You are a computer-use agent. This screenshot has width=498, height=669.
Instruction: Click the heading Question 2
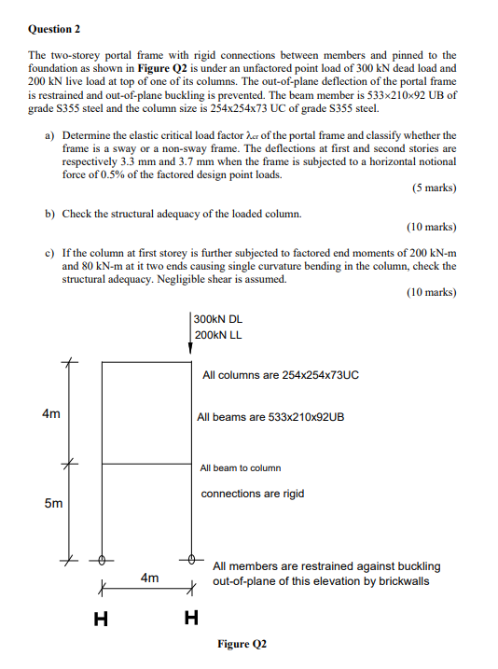55,29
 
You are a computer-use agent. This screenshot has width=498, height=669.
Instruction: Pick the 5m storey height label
54,504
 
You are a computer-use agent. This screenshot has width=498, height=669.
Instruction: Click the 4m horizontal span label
149,578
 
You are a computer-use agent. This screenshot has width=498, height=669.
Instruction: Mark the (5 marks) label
433,188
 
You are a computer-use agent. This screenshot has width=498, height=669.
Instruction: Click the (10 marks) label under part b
431,227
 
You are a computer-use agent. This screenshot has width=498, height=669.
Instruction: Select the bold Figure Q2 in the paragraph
169,69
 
